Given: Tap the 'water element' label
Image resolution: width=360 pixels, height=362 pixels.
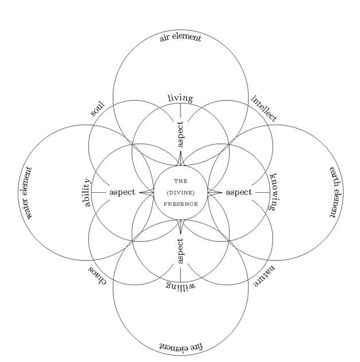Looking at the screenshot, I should [28, 194].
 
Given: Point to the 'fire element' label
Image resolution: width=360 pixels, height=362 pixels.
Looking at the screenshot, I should [181, 347].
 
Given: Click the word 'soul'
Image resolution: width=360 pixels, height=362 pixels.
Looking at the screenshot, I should [97, 108].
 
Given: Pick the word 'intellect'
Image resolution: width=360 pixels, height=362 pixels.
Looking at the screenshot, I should [264, 108].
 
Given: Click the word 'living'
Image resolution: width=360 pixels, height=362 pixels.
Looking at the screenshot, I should [181, 98].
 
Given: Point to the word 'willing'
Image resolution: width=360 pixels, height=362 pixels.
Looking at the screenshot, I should [181, 285].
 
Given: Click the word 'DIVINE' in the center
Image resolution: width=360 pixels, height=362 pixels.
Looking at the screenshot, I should [181, 192].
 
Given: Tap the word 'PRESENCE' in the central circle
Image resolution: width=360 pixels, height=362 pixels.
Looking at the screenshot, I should [181, 204].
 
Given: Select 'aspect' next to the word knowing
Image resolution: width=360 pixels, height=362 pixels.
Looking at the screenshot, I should [238, 192].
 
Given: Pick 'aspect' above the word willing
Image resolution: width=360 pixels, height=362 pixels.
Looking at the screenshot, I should [181, 251].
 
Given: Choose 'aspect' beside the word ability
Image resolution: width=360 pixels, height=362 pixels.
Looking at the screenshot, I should [122, 192].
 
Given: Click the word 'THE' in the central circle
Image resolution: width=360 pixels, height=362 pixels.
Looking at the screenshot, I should [181, 181].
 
